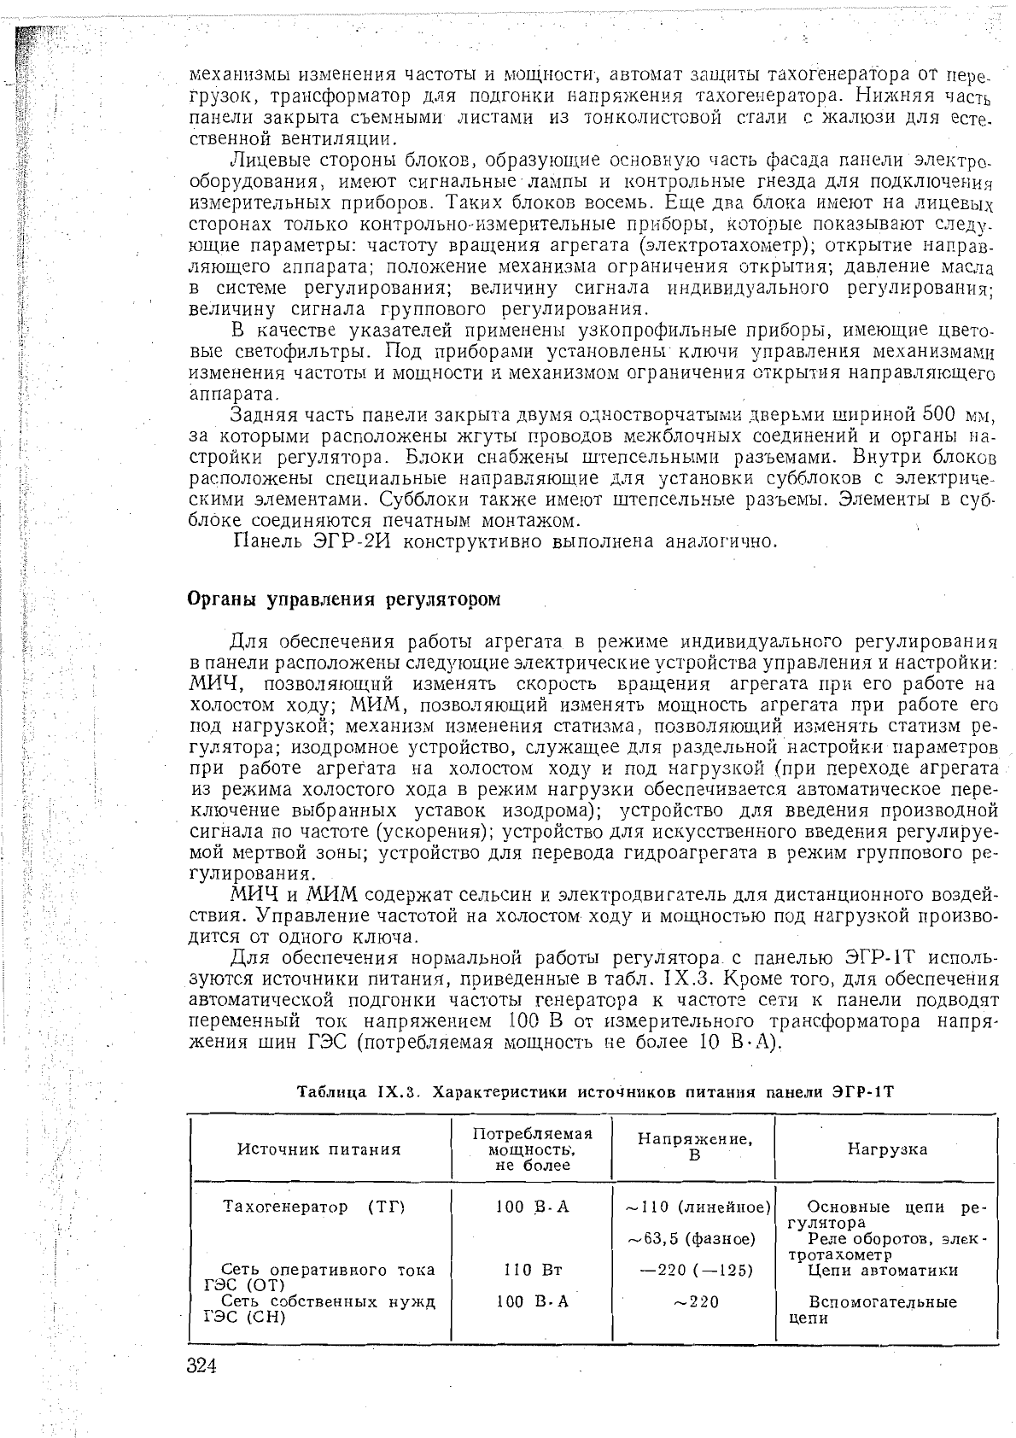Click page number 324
(x=202, y=1366)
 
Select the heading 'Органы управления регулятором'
(x=343, y=599)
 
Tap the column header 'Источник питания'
(x=318, y=1149)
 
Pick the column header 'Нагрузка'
(x=887, y=1149)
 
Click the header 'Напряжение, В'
(x=693, y=1148)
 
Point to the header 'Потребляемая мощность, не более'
(x=532, y=1149)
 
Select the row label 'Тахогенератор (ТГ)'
(x=312, y=1207)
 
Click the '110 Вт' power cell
(x=532, y=1270)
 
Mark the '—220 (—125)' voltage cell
(x=697, y=1270)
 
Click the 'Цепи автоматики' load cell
(x=883, y=1270)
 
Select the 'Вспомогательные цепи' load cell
(x=881, y=1310)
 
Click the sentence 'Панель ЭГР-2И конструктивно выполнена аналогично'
(x=505, y=541)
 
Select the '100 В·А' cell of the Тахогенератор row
(x=532, y=1207)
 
